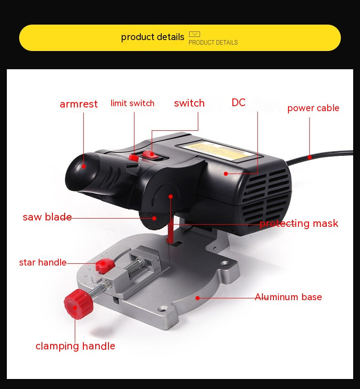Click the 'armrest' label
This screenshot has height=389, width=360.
coord(79,104)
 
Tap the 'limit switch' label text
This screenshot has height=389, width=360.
coord(132,103)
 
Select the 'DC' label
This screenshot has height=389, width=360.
coord(239,102)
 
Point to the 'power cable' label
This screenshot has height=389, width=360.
coord(313,108)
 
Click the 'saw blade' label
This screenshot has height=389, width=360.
coord(47,217)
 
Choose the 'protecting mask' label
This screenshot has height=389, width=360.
coord(298,224)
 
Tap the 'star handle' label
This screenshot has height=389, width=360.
coord(43,262)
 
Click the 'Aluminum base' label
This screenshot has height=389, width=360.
coord(288,297)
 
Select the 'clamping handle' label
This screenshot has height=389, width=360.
coord(75,346)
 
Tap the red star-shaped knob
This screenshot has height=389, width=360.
coord(105,266)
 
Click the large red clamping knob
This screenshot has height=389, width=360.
coord(78,304)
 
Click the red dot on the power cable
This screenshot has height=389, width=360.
coord(309,157)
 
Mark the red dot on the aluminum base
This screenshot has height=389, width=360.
coord(198,298)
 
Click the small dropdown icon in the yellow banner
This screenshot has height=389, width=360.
coord(195,34)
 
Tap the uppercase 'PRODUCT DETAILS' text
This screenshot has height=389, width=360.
coord(213,42)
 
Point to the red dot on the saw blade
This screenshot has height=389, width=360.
coord(154,218)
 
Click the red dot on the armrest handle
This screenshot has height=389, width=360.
coord(84,166)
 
